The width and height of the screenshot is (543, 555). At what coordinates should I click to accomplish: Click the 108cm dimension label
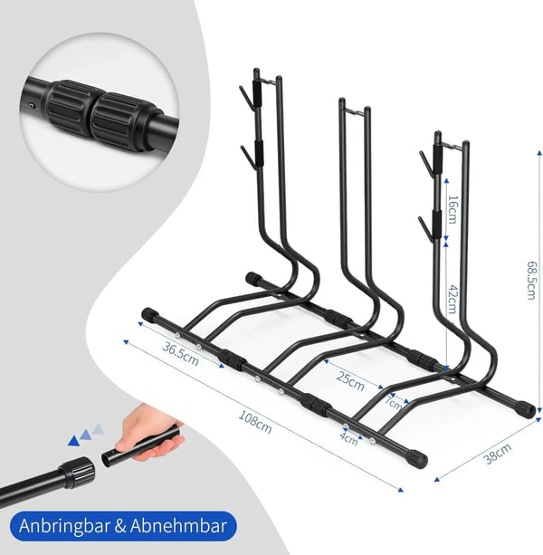point(255,422)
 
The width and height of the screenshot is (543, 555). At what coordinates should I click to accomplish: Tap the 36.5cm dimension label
point(180,354)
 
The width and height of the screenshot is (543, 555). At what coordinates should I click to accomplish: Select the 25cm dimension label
point(350,381)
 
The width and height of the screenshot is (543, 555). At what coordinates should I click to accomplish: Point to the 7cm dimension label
point(394,403)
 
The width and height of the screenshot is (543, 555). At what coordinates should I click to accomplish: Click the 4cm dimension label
point(348,438)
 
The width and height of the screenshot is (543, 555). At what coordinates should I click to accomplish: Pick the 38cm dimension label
point(498,454)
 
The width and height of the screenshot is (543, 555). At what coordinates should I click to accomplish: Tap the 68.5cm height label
point(531,281)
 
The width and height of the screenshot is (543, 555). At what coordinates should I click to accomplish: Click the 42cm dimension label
point(452,299)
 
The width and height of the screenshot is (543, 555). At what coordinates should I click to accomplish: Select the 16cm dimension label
point(452,209)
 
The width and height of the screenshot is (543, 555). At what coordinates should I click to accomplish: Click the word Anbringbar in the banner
point(64,525)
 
